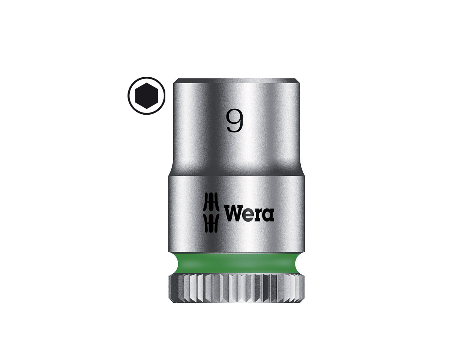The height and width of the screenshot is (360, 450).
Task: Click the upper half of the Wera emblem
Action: point(212,202)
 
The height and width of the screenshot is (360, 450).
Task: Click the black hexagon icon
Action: point(146,96)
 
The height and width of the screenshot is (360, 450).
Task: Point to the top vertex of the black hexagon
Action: point(146,83)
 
